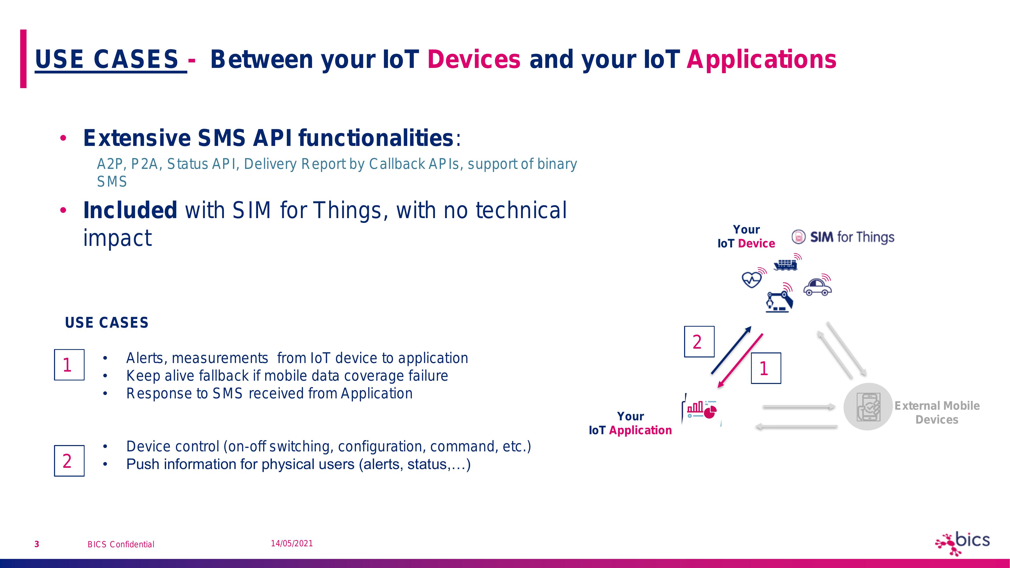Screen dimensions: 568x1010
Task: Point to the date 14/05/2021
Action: point(292,543)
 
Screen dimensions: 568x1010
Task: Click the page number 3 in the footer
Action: point(37,544)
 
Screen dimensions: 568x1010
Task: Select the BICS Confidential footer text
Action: point(121,544)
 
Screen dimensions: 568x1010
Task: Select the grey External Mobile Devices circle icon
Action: point(868,406)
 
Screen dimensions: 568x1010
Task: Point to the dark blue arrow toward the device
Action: point(731,350)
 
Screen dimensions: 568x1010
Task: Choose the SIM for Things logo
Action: point(843,237)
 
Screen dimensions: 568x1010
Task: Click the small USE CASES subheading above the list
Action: point(107,323)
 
